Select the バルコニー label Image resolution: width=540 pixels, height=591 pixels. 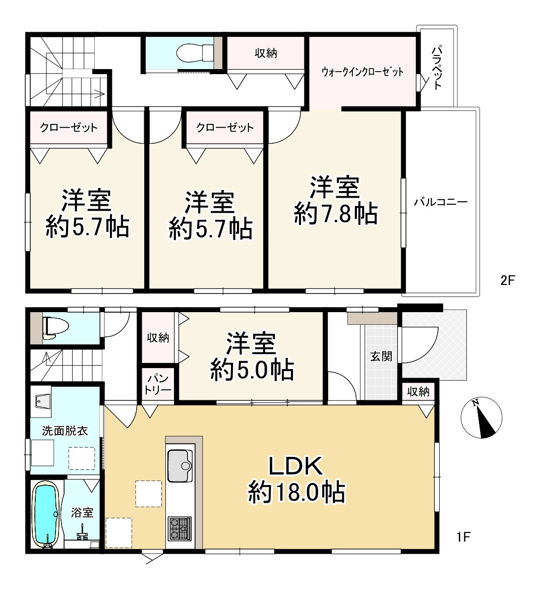pos(441,202)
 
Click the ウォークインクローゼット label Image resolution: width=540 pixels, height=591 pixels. pos(363,72)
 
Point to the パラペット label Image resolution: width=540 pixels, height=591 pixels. pos(437,68)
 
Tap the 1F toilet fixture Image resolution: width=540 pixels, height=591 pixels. pos(55,327)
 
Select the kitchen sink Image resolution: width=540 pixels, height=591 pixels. pos(180,466)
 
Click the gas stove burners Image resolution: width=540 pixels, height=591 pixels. pos(180,528)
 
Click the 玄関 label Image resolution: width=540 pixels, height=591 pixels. pos(381,356)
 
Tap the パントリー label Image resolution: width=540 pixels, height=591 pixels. pos(158,384)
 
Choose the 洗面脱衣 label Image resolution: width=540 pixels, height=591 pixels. pos(65,431)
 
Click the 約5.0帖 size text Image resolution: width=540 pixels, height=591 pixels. pos(252,370)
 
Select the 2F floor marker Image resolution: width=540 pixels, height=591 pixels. pos(507,280)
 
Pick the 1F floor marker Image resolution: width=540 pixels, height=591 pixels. pos(463,537)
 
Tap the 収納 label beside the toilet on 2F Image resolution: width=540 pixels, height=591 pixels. pos(266,53)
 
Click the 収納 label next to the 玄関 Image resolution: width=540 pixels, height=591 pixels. pos(418,392)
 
